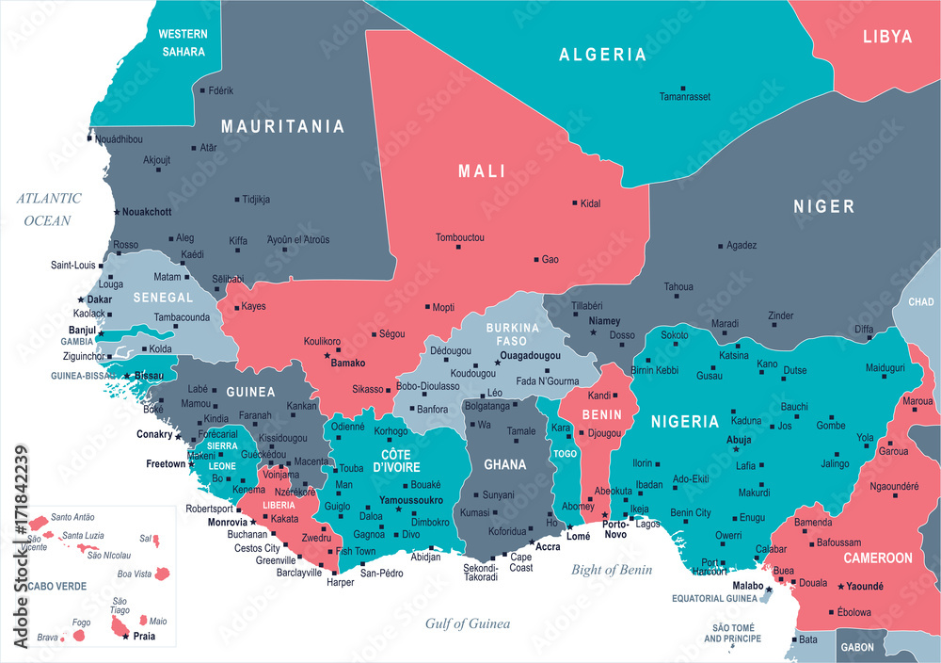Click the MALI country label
click(x=482, y=171)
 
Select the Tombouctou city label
click(x=459, y=237)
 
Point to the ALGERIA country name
click(x=603, y=55)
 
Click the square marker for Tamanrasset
click(x=683, y=88)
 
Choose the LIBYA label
click(x=887, y=37)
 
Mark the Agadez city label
click(x=742, y=245)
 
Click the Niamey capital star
click(x=593, y=332)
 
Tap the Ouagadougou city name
click(x=530, y=356)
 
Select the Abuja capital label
click(x=739, y=439)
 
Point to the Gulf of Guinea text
click(x=468, y=623)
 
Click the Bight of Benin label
click(x=612, y=569)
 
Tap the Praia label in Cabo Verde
click(x=143, y=637)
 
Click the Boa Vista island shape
click(x=162, y=573)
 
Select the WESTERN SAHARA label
click(x=182, y=42)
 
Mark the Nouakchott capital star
click(x=117, y=212)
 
